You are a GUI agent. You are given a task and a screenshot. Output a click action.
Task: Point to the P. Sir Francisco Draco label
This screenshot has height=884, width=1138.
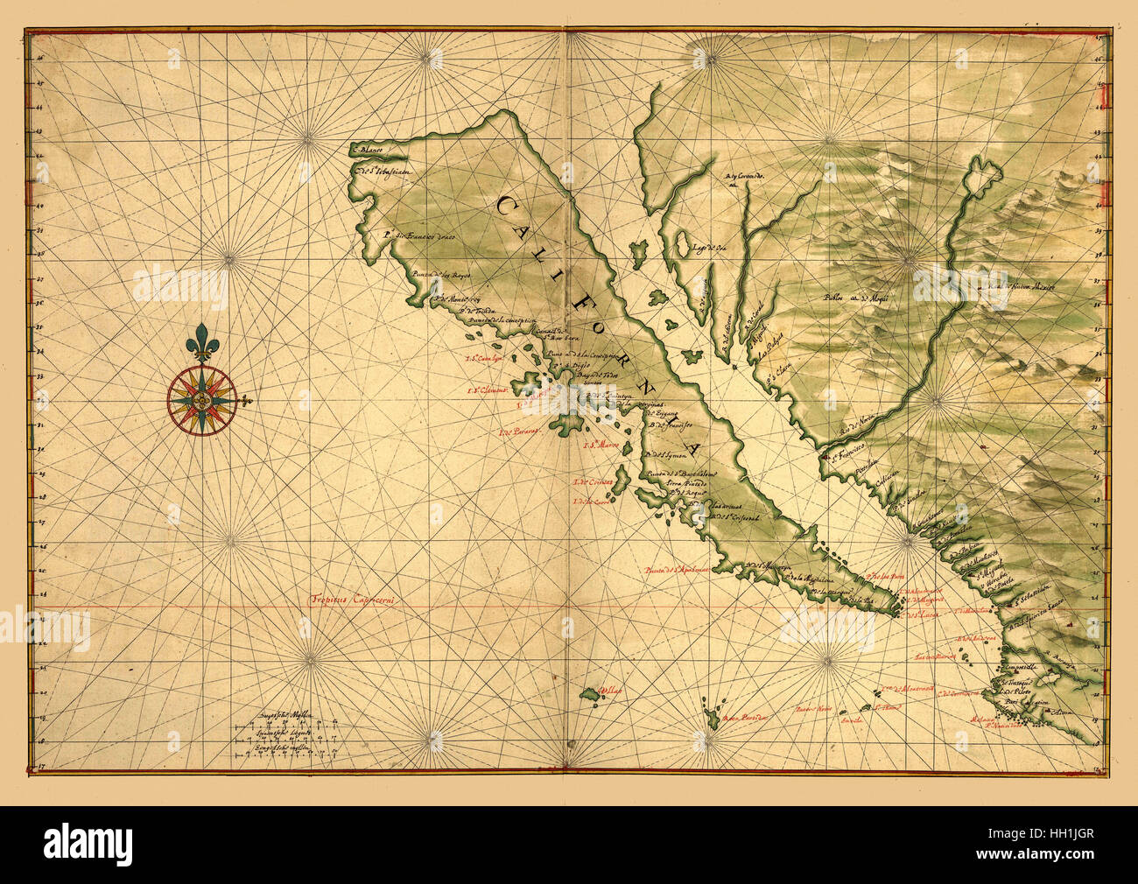click(x=418, y=235)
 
